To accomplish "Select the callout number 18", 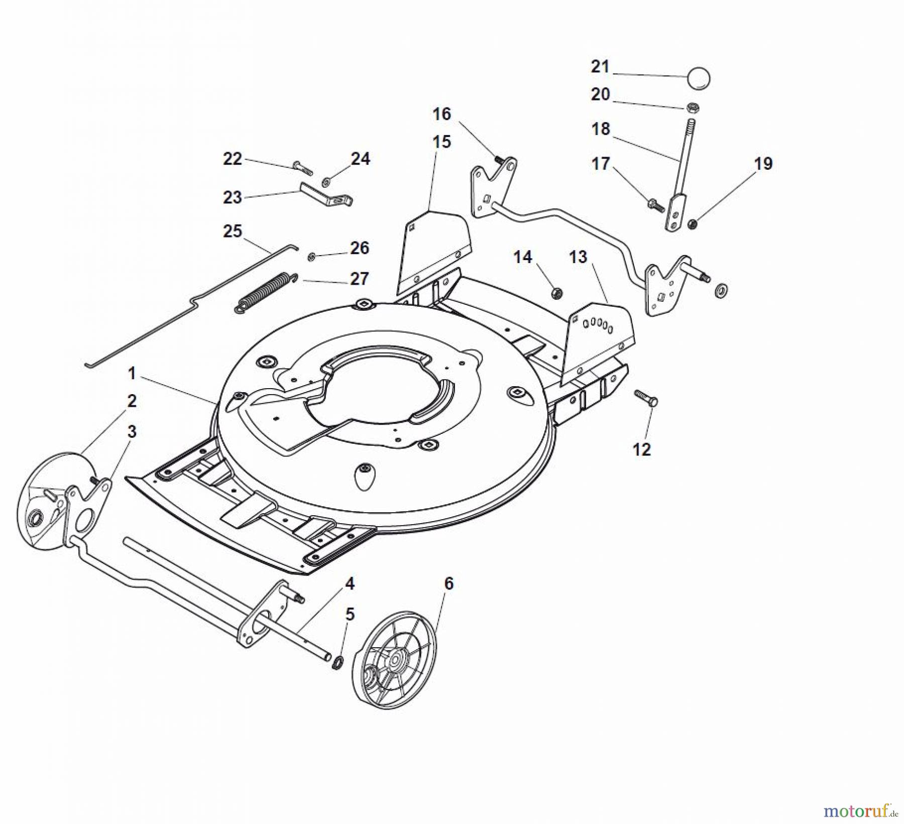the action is click(600, 130).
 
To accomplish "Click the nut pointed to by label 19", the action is click(693, 224).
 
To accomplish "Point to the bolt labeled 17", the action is click(655, 205).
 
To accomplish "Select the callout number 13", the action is click(578, 257).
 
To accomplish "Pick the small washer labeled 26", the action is click(311, 257).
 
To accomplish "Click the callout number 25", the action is click(233, 231).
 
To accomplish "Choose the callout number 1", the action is click(132, 374).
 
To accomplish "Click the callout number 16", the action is click(442, 114).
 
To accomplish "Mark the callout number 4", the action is click(350, 583).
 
